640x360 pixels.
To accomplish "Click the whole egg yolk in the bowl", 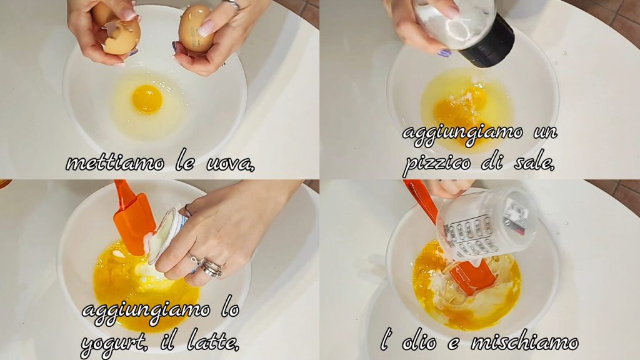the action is pyautogui.click(x=147, y=99).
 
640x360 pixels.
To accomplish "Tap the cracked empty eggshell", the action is pyautogui.click(x=120, y=37).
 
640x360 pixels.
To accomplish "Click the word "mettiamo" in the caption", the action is pyautogui.click(x=115, y=163).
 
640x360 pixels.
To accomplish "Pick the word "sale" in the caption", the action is pyautogui.click(x=533, y=162).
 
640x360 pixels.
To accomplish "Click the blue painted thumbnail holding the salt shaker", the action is pyautogui.click(x=444, y=52).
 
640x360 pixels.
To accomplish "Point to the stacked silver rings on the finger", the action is pyautogui.click(x=212, y=267).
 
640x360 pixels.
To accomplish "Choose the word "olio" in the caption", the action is pyautogui.click(x=418, y=342).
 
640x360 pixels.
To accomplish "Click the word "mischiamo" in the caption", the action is pyautogui.click(x=524, y=342).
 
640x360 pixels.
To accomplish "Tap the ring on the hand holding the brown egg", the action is pyautogui.click(x=234, y=4).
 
